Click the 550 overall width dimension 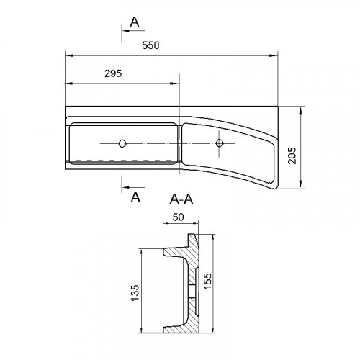coord(150,45)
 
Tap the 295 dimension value coord(113,73)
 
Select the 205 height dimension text coord(292,156)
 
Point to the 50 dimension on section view coord(179,217)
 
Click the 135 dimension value coord(135,292)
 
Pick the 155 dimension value coord(207,281)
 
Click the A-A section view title coord(181,199)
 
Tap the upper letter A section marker coord(135,22)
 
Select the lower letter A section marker coord(135,197)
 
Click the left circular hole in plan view coord(122,143)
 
